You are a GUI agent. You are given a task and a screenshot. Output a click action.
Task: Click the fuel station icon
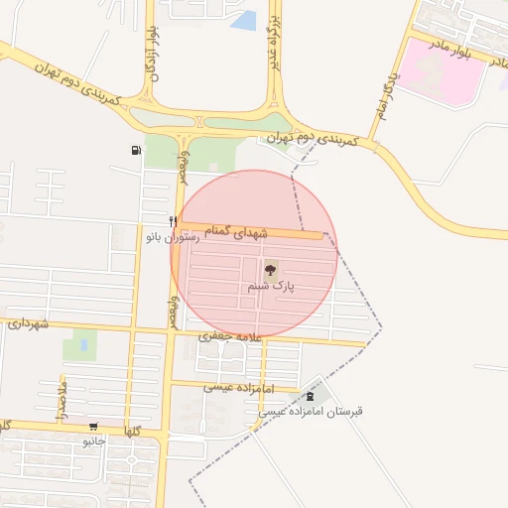point(135,151)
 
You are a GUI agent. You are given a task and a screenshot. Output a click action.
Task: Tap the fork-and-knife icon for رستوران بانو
point(173,221)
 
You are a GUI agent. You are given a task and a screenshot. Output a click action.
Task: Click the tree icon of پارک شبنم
point(269,268)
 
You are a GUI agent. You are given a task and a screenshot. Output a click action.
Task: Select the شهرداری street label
point(29,323)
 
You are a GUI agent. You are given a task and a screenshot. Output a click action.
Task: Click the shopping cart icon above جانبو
point(93,424)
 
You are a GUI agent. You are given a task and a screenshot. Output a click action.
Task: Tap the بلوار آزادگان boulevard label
point(153,55)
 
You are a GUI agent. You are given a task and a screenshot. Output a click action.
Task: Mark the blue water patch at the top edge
point(244,19)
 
